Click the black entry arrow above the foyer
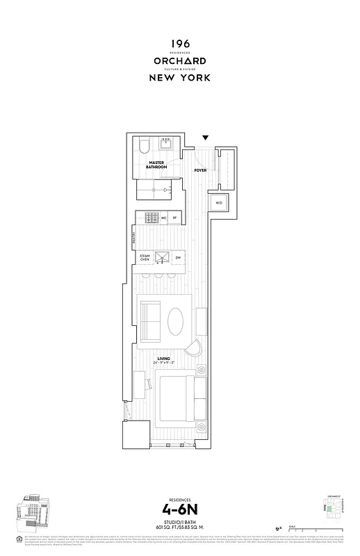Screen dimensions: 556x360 (x=206, y=138)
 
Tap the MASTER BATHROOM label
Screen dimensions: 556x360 (x=156, y=165)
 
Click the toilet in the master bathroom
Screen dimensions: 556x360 (x=142, y=147)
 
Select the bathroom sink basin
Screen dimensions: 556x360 (x=167, y=145)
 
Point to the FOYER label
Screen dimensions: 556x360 (x=200, y=170)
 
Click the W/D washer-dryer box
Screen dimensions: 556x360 (x=219, y=203)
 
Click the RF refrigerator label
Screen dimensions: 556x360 (x=175, y=218)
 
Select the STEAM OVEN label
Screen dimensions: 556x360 (x=145, y=258)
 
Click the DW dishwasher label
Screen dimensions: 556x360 (x=178, y=258)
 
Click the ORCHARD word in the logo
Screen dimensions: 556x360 (x=180, y=60)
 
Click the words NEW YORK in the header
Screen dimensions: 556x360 (x=180, y=78)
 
